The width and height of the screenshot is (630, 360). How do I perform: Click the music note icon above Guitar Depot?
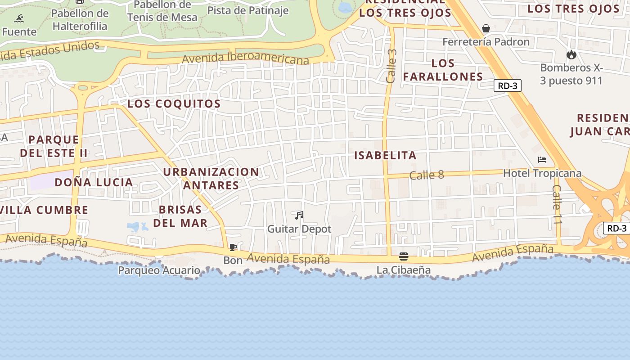299,216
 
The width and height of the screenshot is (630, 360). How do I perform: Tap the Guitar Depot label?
299,229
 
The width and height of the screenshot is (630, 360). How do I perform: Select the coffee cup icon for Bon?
233,247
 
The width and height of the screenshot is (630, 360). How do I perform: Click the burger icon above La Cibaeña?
404,256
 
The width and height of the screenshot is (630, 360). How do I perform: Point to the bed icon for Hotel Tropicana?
542,160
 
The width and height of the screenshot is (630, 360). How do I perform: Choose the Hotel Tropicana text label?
542,173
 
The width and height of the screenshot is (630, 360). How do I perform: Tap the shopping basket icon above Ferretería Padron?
486,28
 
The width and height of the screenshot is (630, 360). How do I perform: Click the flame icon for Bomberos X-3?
571,55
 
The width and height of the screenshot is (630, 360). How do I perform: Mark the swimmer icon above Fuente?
19,18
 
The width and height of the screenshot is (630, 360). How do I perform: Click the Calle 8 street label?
427,175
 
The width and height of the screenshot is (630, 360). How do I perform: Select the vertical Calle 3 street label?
391,66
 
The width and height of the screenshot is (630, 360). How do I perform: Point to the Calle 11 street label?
558,205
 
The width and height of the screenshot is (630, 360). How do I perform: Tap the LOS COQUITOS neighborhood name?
174,103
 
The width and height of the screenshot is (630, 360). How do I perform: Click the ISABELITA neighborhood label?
385,156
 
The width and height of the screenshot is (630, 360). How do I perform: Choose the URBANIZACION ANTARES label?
211,178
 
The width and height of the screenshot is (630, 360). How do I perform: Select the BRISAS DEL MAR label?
180,216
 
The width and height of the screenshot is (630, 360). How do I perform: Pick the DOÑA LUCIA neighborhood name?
94,182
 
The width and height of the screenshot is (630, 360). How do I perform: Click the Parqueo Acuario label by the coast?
159,270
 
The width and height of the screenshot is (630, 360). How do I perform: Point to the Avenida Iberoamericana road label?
246,58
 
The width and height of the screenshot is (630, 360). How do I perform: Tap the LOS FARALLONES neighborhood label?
443,70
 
